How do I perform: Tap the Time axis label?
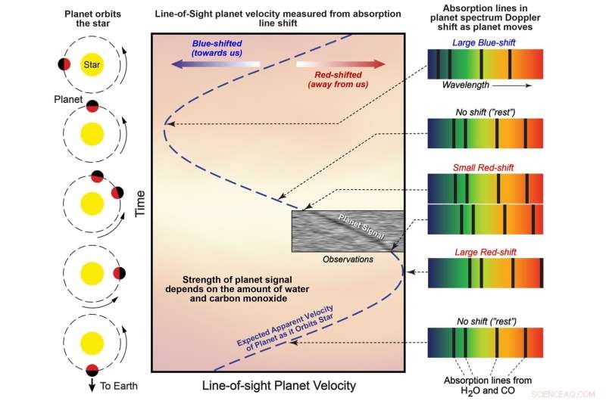(x=140, y=204)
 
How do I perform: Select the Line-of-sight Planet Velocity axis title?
(x=277, y=386)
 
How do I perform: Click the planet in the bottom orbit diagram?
(x=92, y=370)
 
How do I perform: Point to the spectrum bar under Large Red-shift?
(x=486, y=273)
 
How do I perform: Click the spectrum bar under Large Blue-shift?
(x=486, y=64)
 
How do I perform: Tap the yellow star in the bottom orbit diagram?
(x=92, y=344)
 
